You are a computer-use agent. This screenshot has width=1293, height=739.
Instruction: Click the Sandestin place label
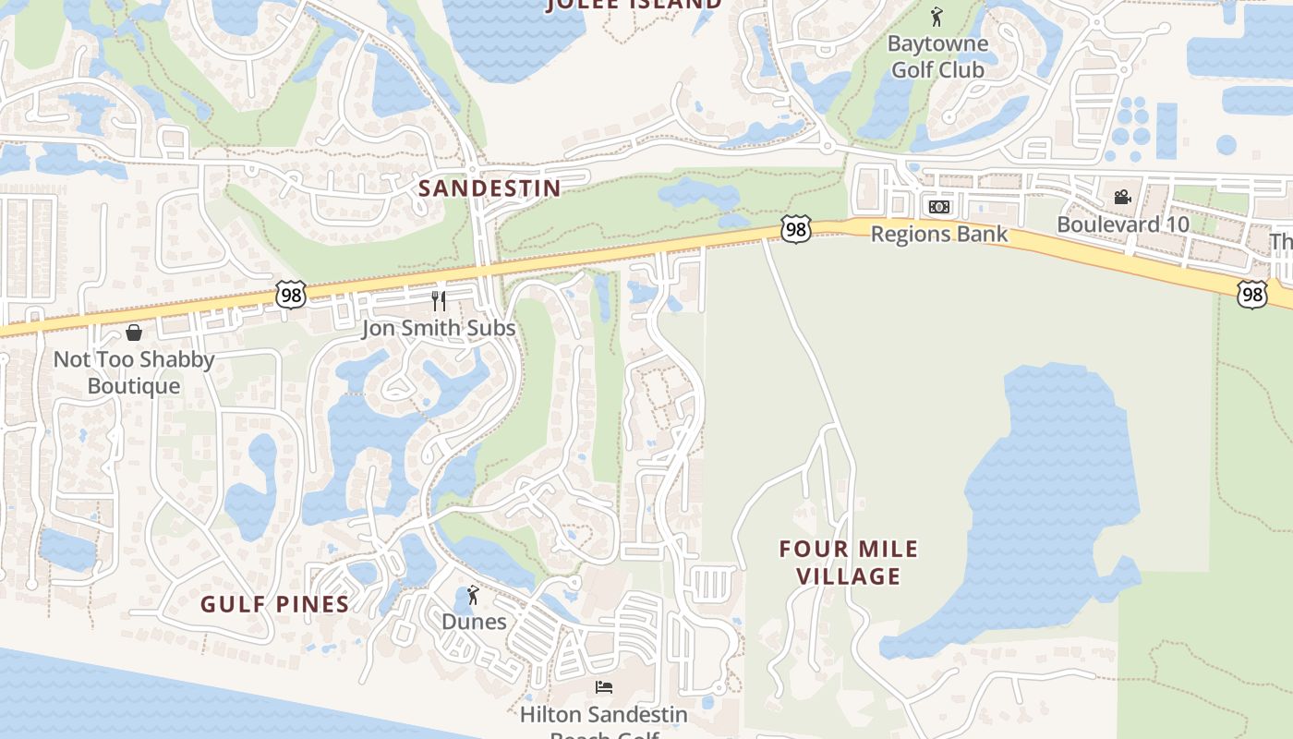(489, 188)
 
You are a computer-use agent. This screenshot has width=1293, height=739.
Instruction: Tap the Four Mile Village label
(849, 563)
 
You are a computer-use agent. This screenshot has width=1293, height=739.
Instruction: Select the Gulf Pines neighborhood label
(275, 605)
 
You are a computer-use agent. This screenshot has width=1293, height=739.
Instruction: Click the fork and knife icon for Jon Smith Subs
(439, 301)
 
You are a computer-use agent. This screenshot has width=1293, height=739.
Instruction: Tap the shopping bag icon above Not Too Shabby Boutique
(134, 333)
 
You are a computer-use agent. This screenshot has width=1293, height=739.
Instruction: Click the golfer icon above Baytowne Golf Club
(937, 17)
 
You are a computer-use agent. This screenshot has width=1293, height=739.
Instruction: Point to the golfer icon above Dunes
(474, 595)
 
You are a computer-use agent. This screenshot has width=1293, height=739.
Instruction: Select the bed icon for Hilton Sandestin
(603, 687)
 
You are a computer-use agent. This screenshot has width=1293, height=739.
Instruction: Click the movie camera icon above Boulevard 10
(1122, 197)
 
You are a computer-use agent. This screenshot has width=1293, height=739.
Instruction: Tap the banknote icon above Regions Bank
(939, 207)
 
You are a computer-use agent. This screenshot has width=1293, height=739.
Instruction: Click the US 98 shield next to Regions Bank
(795, 229)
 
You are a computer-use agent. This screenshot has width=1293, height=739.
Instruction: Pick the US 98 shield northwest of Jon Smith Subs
(290, 296)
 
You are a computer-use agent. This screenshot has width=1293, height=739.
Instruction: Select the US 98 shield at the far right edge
(1252, 295)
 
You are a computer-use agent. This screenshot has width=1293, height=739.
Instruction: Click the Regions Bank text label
(939, 235)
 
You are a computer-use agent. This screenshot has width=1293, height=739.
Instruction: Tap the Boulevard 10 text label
(1123, 224)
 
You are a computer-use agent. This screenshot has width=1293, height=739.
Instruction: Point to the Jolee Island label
(634, 5)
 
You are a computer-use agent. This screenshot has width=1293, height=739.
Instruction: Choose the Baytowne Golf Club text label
(937, 56)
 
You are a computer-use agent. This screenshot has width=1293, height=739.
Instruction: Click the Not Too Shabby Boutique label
(134, 372)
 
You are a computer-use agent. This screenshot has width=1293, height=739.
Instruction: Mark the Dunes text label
(474, 622)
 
